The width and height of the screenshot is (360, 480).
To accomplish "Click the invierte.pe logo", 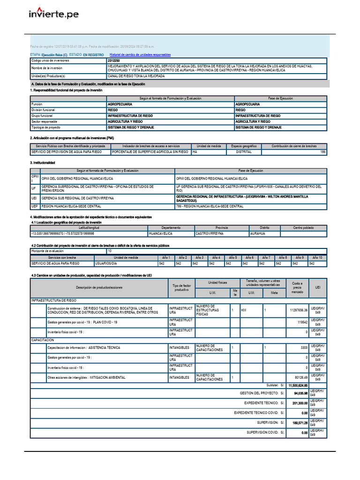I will pyautogui.click(x=53, y=14).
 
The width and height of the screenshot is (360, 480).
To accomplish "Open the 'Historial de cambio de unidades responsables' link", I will pyautogui.click(x=140, y=55).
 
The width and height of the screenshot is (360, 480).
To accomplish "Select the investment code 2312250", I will pyautogui.click(x=113, y=61).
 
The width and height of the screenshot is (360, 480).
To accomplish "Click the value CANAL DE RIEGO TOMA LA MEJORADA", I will pyautogui.click(x=136, y=75).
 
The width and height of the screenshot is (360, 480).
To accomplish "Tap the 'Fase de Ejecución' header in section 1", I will pyautogui.click(x=280, y=98).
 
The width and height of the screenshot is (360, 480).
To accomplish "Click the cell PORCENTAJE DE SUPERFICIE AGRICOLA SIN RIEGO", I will pyautogui.click(x=150, y=152).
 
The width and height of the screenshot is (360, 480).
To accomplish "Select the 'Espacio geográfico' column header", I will pyautogui.click(x=243, y=146).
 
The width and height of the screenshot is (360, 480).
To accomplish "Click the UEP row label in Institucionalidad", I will pyautogui.click(x=34, y=206).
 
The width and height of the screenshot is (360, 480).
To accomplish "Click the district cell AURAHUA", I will pyautogui.click(x=258, y=233).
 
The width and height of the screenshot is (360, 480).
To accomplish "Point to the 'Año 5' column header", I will pyautogui.click(x=232, y=257).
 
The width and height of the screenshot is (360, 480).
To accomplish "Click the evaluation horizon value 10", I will pyautogui.click(x=110, y=251).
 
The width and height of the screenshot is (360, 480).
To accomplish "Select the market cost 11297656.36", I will pyautogui.click(x=299, y=310).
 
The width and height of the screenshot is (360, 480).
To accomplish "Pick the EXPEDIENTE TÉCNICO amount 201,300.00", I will pyautogui.click(x=298, y=403).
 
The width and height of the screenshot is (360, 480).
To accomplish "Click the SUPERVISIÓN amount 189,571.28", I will pyautogui.click(x=298, y=423).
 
